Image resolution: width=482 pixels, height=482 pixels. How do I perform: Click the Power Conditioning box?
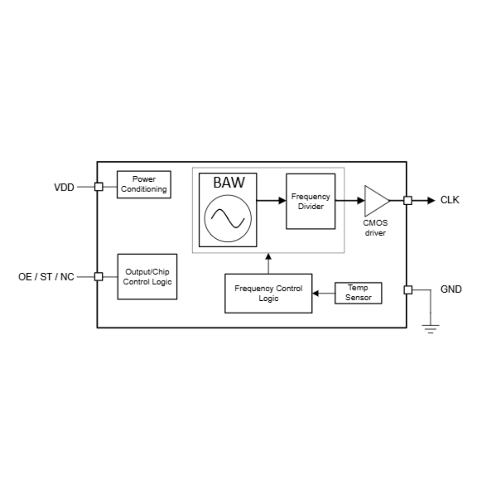click(144, 184)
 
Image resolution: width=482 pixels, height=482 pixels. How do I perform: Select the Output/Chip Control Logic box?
click(147, 277)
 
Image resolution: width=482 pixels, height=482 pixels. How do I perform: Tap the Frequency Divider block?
click(310, 201)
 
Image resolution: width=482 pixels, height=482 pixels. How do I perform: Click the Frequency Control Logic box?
click(268, 293)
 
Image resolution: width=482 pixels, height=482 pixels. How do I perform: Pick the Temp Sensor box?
click(358, 293)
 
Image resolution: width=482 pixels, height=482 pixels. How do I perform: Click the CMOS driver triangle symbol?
click(375, 200)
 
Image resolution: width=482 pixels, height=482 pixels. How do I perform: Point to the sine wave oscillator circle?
click(228, 218)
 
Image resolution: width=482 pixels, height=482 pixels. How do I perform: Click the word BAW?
click(229, 182)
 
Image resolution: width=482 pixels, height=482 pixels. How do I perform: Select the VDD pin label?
click(64, 187)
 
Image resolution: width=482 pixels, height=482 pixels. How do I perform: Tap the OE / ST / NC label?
click(46, 277)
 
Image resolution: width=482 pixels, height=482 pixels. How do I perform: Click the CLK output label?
click(449, 200)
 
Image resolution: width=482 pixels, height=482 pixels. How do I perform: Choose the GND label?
click(451, 290)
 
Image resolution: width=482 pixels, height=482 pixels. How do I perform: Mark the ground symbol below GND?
click(430, 329)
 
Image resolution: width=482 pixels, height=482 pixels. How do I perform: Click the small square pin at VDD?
click(99, 187)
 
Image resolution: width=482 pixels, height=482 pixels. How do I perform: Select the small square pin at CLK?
click(407, 200)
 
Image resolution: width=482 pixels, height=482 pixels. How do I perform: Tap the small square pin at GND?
click(407, 290)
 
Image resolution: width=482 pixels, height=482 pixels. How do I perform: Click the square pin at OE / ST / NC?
click(99, 277)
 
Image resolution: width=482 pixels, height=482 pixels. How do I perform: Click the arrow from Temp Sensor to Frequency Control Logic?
click(323, 293)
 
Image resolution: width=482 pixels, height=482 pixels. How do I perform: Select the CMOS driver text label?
click(375, 228)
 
